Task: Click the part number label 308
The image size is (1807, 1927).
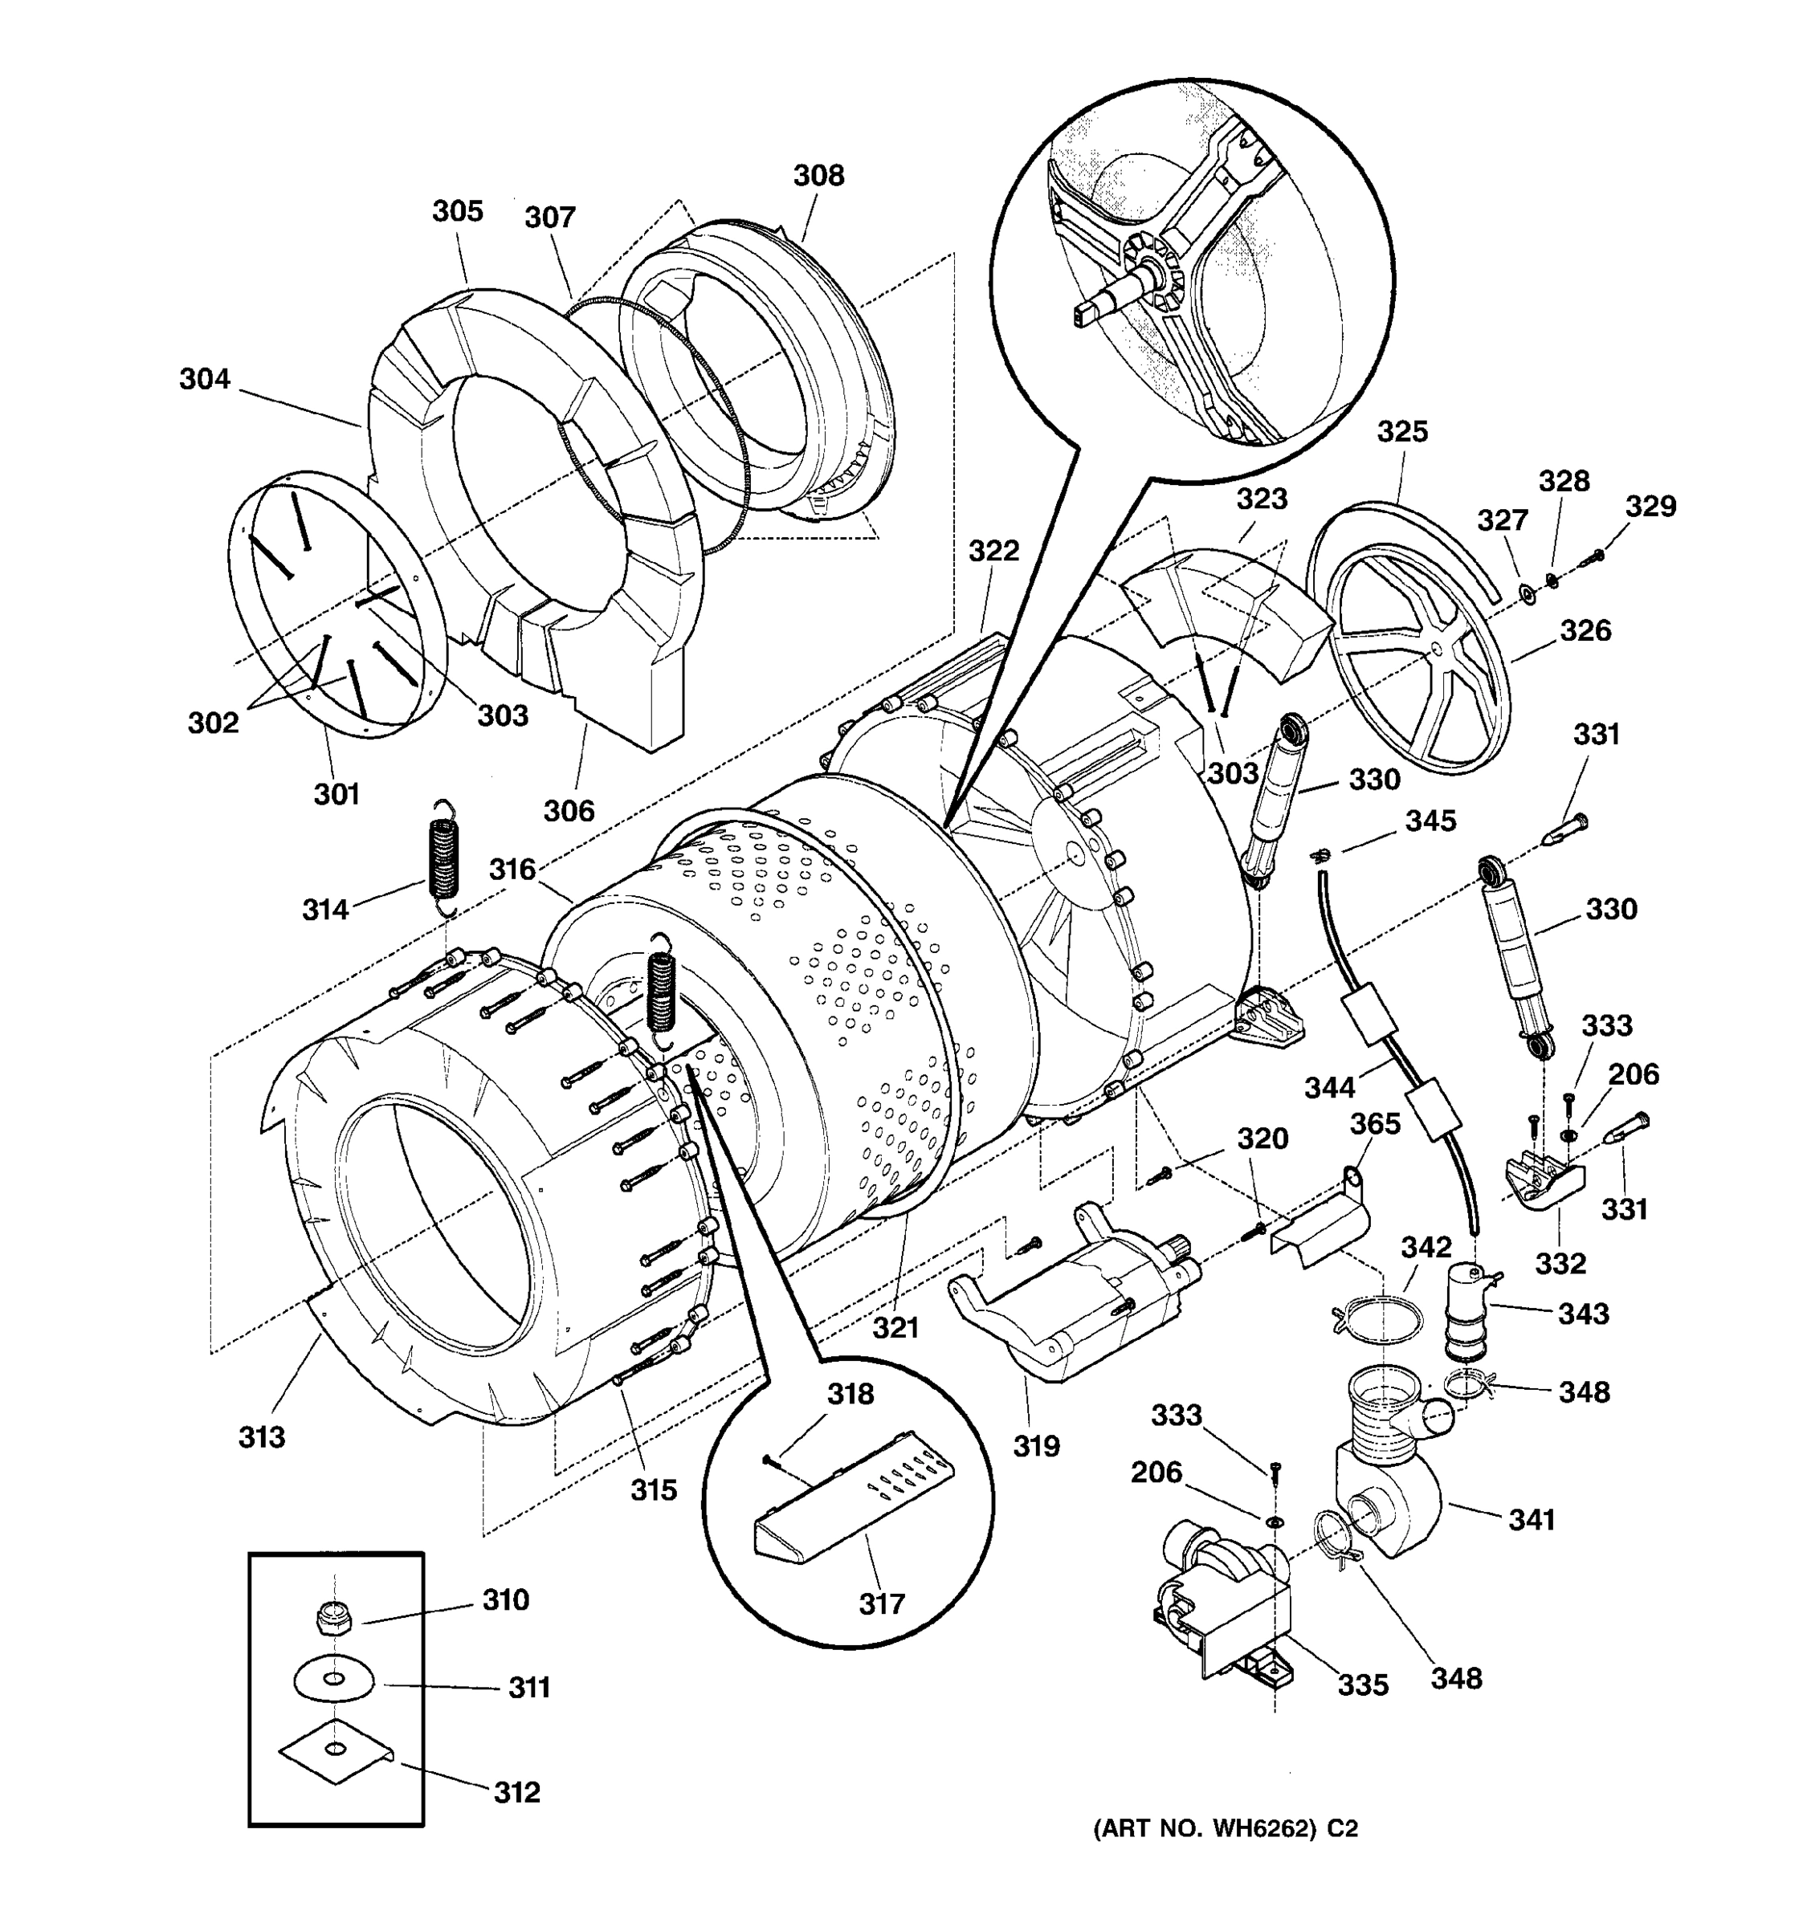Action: [x=818, y=176]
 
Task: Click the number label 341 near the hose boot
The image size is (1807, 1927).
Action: [x=1532, y=1520]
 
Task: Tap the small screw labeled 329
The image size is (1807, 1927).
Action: [x=1595, y=556]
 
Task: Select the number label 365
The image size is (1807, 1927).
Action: [x=1375, y=1123]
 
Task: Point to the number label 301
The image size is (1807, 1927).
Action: [x=337, y=794]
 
